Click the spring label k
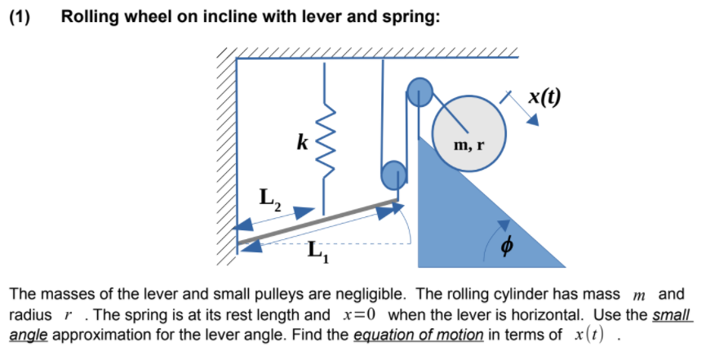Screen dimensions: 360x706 (x=303, y=144)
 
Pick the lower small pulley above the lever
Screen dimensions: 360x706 (x=393, y=174)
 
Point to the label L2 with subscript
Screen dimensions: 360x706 (x=270, y=198)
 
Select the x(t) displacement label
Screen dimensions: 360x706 (x=544, y=96)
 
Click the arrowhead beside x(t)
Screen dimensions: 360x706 (x=532, y=119)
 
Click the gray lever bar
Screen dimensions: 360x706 (x=318, y=220)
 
